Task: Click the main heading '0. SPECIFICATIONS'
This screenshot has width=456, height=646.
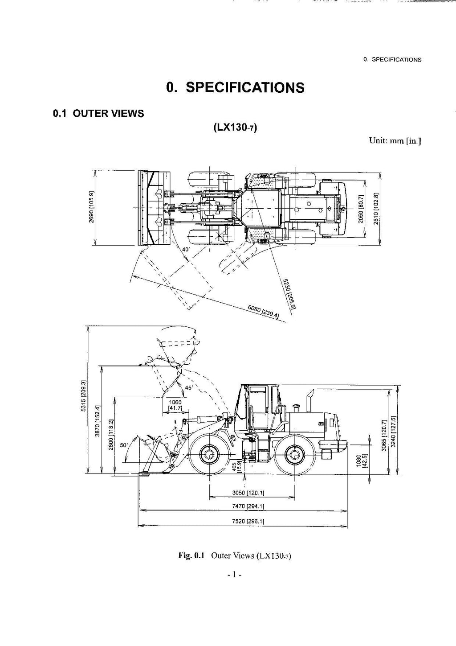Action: [x=235, y=87]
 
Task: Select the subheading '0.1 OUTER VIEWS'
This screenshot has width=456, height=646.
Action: [x=98, y=114]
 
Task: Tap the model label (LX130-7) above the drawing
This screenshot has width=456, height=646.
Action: [x=235, y=128]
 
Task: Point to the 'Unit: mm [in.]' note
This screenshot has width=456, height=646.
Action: [x=395, y=141]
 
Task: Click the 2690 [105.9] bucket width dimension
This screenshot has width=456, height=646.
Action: [x=91, y=207]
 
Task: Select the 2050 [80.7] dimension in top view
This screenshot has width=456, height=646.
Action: [x=361, y=208]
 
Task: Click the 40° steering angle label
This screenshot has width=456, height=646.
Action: [x=186, y=250]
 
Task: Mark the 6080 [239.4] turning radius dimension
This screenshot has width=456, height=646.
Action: [x=263, y=312]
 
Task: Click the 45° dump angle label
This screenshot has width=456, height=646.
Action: [x=189, y=387]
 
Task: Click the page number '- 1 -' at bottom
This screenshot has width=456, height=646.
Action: [x=234, y=575]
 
